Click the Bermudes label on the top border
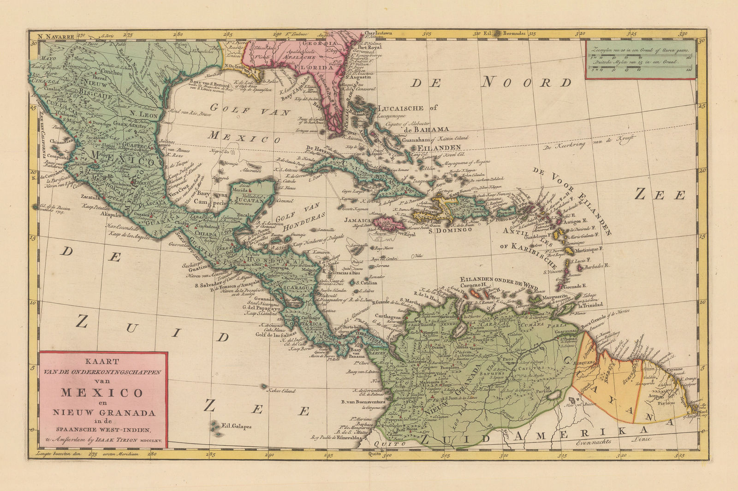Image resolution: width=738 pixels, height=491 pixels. click(x=513, y=33)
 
